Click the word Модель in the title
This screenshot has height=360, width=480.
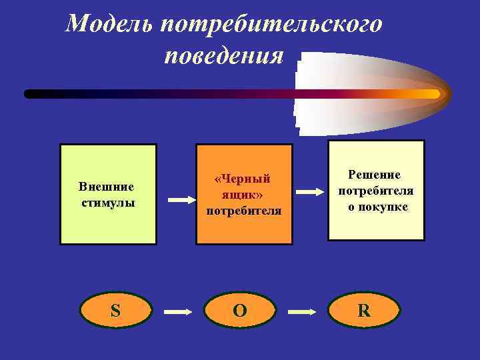[x=109, y=25]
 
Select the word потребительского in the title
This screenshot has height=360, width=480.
[x=271, y=25]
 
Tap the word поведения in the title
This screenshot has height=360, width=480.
[x=224, y=55]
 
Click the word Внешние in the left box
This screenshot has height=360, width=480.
[x=107, y=186]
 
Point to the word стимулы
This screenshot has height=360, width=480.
[x=107, y=202]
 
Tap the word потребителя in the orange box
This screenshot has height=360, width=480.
[x=243, y=211]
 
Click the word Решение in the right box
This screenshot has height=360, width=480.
[x=375, y=175]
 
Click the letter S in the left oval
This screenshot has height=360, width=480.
[x=115, y=311]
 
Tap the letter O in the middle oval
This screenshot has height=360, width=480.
[x=239, y=311]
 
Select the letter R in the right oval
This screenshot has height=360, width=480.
[x=364, y=311]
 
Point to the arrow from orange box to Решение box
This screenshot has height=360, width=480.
[x=310, y=191]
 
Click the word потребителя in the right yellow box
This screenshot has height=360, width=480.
[x=376, y=191]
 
